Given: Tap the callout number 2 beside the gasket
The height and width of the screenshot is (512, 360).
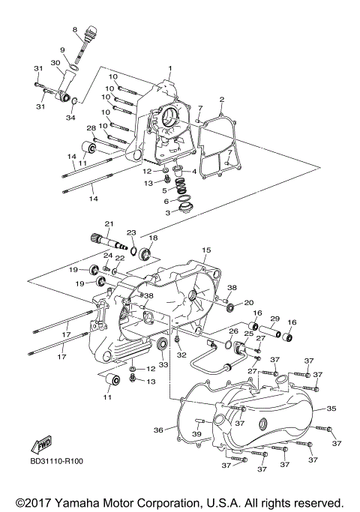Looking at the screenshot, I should (x=222, y=100).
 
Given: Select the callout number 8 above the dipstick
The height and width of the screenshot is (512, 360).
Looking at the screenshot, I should (x=75, y=29).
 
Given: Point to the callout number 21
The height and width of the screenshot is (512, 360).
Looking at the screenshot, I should (x=109, y=223).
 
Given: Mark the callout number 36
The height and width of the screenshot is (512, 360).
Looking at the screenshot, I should (x=158, y=430).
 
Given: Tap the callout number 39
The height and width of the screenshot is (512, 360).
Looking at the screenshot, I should (x=196, y=435).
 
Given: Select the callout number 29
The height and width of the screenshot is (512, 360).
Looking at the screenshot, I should (x=274, y=319).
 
